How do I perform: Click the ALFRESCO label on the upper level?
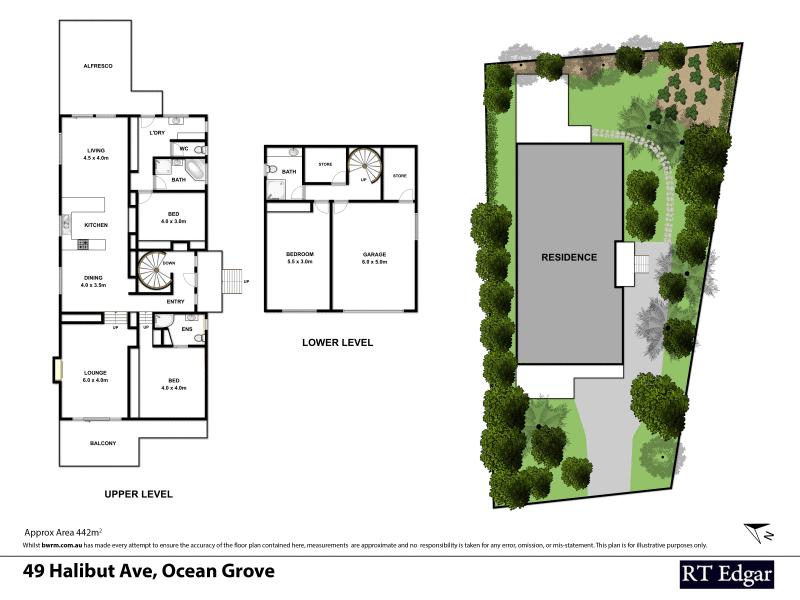click(97, 66)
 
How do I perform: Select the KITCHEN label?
click(95, 226)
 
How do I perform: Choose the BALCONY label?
click(103, 443)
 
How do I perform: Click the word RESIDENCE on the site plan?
click(569, 257)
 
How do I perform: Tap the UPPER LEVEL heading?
click(139, 494)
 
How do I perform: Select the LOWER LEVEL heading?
click(337, 342)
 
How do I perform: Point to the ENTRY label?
click(175, 301)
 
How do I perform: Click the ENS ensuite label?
click(187, 328)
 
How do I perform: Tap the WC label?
click(183, 149)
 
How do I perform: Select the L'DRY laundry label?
click(156, 133)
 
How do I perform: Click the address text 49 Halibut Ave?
click(148, 572)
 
